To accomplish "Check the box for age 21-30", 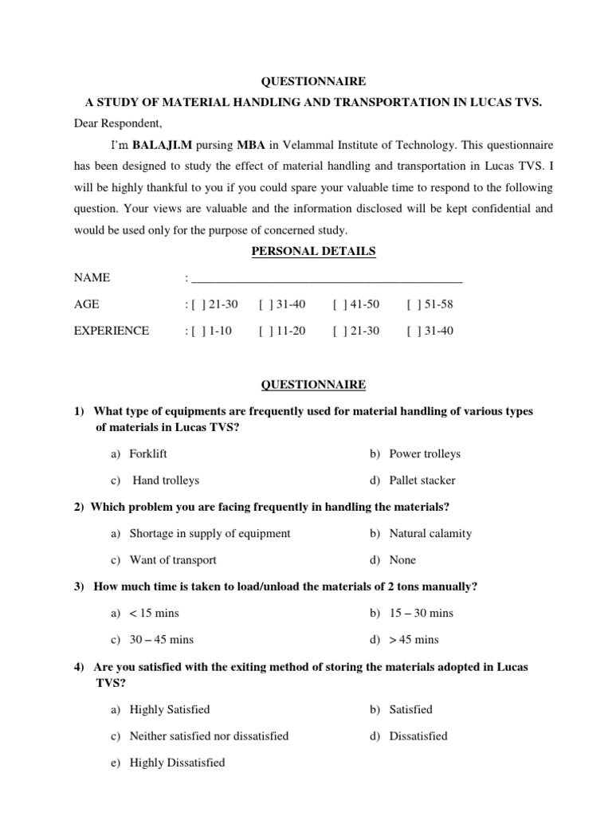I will click(194, 304).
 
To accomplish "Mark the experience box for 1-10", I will click(194, 331).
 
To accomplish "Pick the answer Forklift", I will click(148, 454).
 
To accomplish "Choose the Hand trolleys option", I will click(166, 481).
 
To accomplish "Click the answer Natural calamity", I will click(430, 533).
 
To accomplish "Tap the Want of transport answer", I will click(173, 559).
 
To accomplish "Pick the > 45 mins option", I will click(414, 639).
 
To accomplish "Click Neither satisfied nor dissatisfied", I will click(209, 736).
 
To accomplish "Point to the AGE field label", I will click(87, 304).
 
